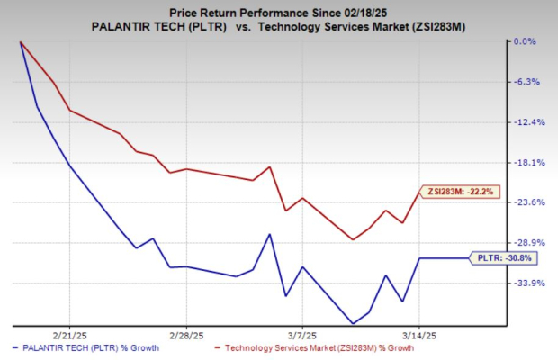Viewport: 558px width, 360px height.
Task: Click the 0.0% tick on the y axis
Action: (x=524, y=41)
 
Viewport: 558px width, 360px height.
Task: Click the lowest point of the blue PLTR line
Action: (x=353, y=323)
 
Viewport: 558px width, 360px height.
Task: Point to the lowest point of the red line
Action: (x=353, y=239)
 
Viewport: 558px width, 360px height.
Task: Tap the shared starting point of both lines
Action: (x=20, y=42)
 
